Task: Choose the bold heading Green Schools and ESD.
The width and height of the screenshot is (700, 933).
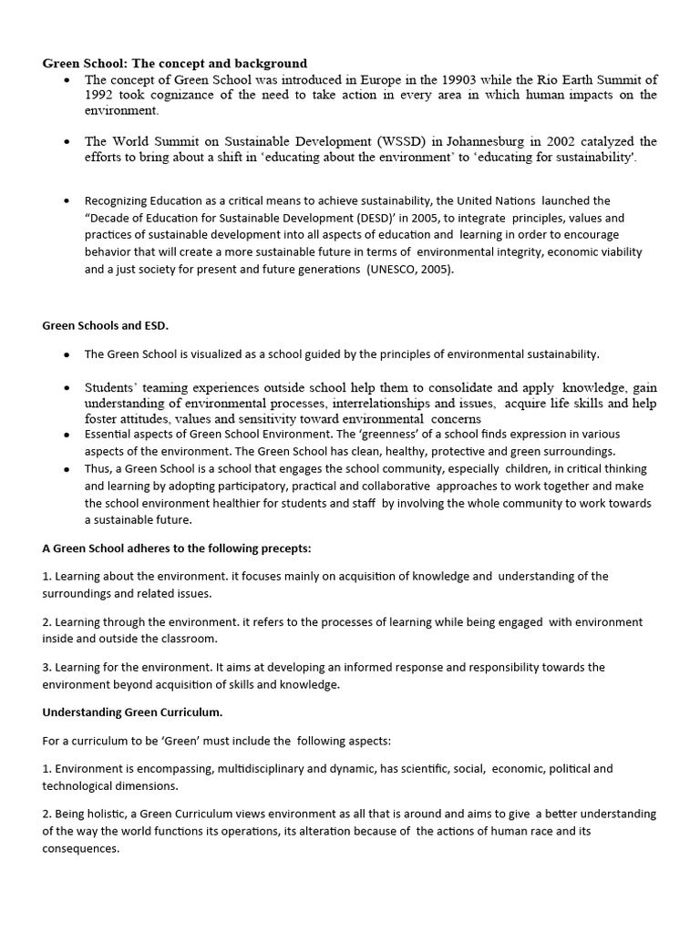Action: (105, 324)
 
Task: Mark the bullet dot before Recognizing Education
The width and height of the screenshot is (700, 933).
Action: (67, 201)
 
